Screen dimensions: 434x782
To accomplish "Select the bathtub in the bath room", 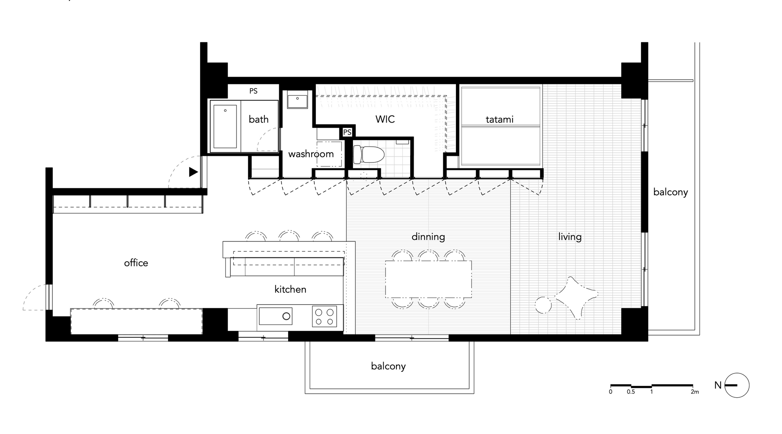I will pos(225,127).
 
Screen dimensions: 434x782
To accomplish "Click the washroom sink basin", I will pos(298,100).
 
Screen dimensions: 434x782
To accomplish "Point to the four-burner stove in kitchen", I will pos(325,317).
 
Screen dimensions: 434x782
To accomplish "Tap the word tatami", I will pos(499,120).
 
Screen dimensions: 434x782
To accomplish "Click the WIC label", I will pos(385,119).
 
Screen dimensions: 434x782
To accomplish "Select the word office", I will pos(136,263).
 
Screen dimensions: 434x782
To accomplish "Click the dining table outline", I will pos(428,279).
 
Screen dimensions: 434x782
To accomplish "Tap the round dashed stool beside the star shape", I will pos(543,305).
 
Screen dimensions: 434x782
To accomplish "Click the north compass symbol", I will pos(737,385).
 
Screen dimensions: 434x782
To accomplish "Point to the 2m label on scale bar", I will pos(694,392).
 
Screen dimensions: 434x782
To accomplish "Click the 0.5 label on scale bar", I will pos(631,392).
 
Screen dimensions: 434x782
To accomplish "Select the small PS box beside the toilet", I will pos(347,132).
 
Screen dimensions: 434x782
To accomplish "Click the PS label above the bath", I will pos(253,91).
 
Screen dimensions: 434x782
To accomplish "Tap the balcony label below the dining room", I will pos(388,366).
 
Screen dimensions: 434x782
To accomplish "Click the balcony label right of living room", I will pos(670,192).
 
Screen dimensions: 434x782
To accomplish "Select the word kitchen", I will pos(290,289).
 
